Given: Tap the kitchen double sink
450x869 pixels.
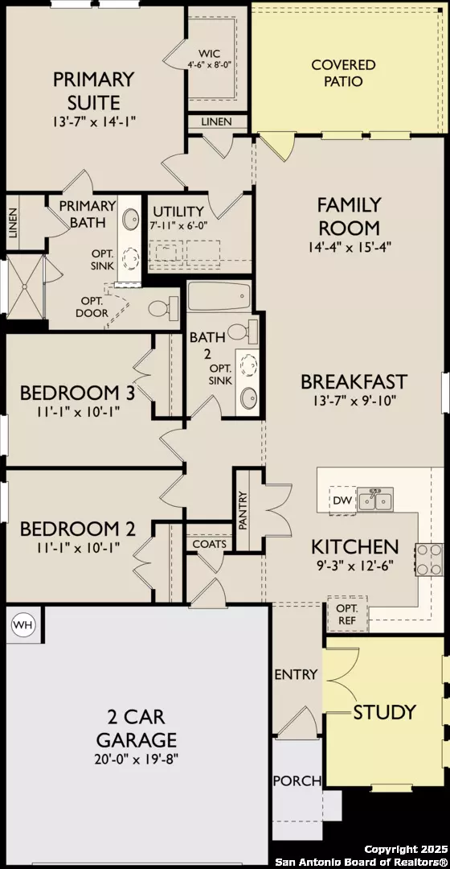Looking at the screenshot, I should click(x=375, y=500).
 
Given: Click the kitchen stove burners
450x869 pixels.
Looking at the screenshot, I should click(x=428, y=558).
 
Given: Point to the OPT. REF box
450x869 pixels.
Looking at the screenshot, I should click(x=347, y=612).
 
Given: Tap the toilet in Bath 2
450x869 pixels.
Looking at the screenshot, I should click(x=239, y=330).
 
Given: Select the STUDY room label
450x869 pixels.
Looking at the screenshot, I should click(x=385, y=711).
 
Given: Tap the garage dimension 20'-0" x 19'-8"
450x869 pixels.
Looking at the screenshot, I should click(x=137, y=758).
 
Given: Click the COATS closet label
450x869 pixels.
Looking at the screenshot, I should click(x=209, y=545).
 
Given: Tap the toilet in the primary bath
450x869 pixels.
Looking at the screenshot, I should click(x=161, y=307).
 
